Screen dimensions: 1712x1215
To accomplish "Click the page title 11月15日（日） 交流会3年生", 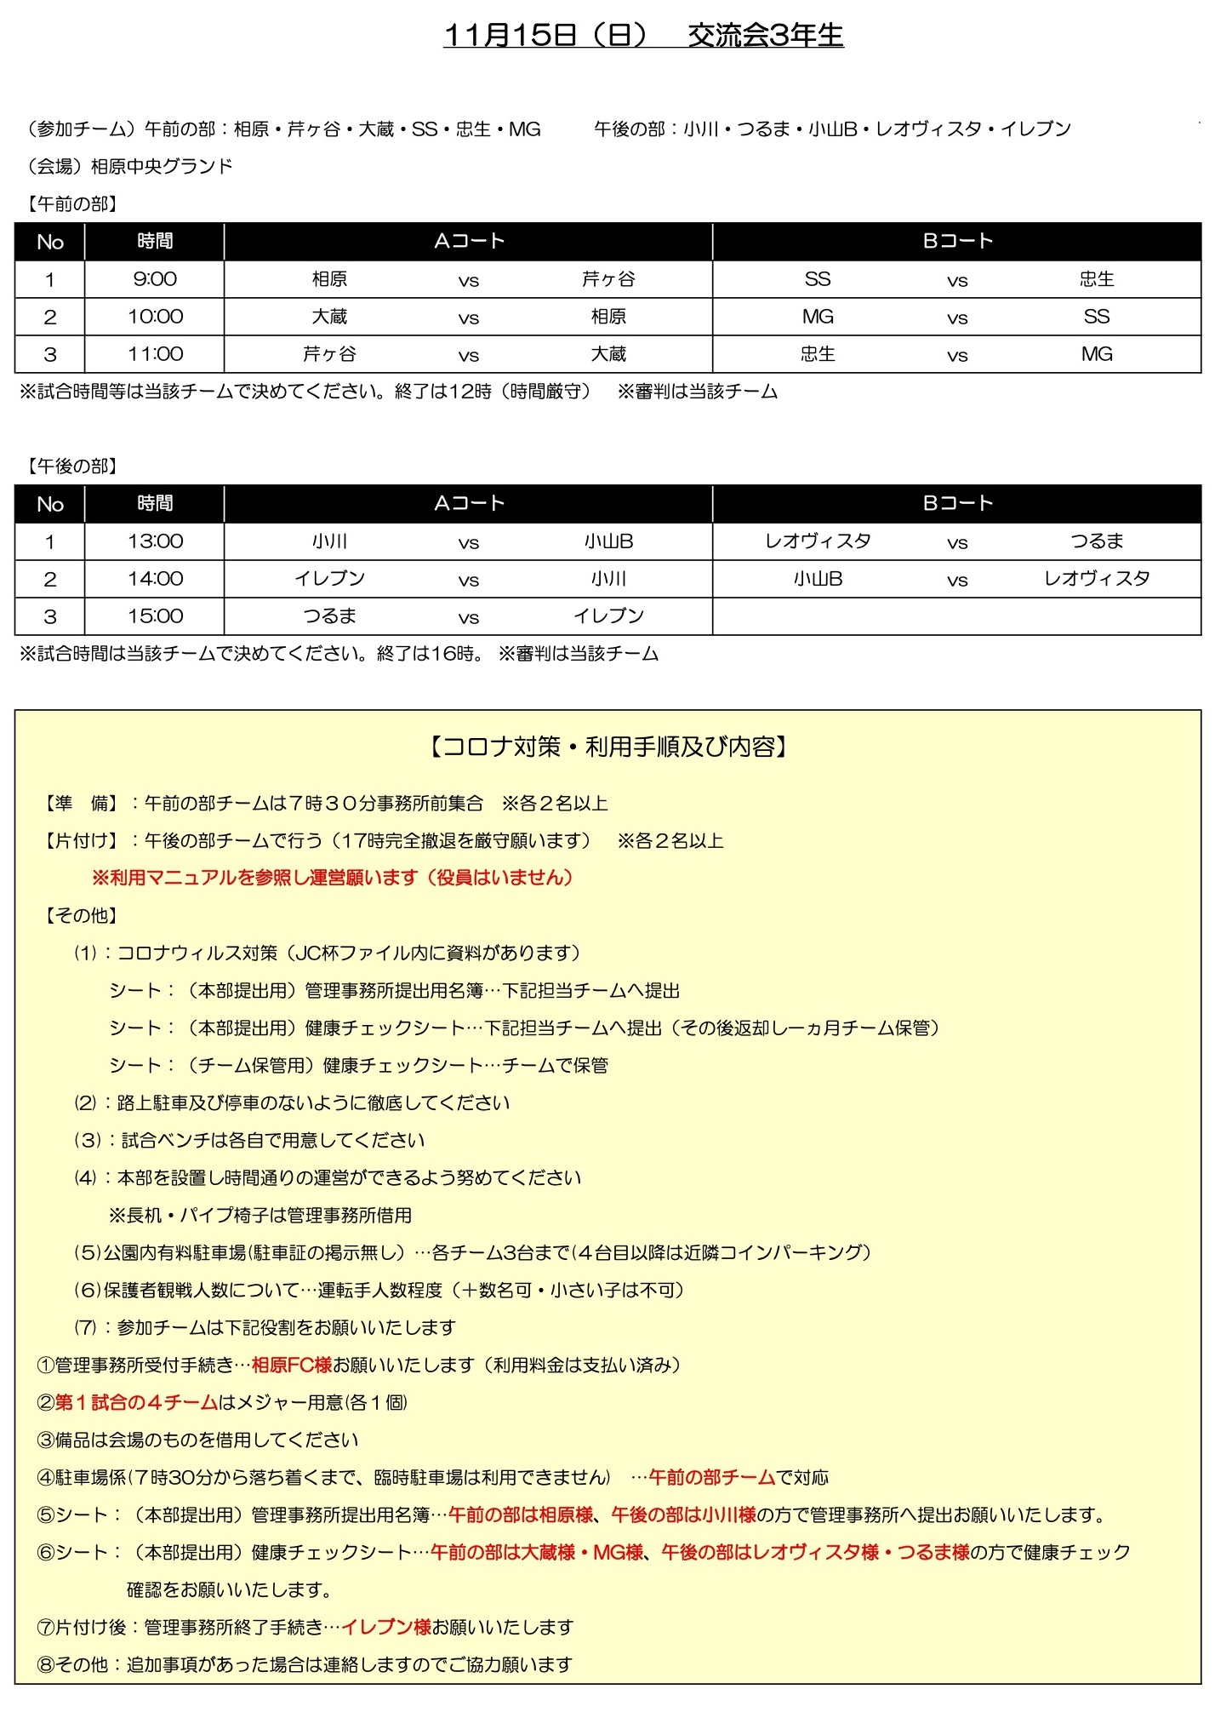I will (643, 35).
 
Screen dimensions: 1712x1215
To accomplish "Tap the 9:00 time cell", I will (155, 279).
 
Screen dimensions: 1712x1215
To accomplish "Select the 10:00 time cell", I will (155, 317).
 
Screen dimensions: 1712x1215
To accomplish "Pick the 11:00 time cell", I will (155, 354).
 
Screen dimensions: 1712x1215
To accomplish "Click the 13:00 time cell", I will (155, 541).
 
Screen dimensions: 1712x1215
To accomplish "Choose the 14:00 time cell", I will (155, 579).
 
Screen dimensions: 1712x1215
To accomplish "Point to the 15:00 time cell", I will (155, 616).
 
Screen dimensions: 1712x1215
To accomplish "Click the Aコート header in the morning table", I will (469, 242).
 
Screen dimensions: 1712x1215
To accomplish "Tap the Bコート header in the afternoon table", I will (957, 504).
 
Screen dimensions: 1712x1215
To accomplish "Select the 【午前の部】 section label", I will (72, 204).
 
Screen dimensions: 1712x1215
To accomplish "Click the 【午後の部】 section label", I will (72, 467).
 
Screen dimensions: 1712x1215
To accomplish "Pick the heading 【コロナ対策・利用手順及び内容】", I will (607, 747).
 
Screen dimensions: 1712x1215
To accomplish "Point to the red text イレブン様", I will (386, 1628).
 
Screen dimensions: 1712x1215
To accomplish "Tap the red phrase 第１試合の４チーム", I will (137, 1403).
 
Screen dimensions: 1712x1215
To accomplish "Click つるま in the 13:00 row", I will (1097, 541).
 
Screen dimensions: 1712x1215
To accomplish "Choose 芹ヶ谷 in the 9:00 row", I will (608, 279).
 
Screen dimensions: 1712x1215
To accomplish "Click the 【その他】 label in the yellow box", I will (81, 916).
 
